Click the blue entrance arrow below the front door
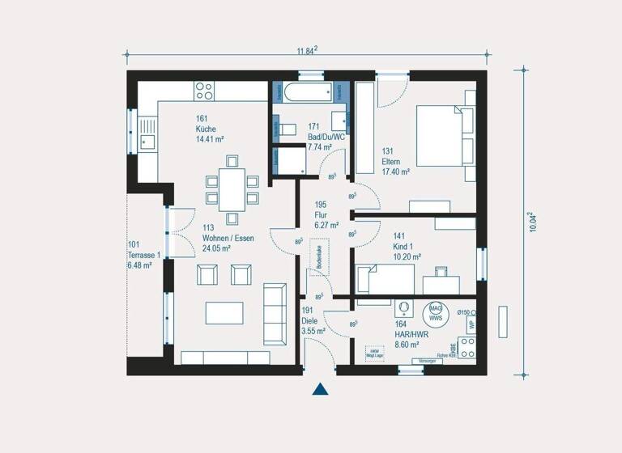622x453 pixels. (x=321, y=389)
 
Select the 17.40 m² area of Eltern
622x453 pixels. (x=397, y=172)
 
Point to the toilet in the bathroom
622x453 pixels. (x=289, y=129)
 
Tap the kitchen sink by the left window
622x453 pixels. (x=147, y=134)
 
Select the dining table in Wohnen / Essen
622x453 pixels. (x=232, y=189)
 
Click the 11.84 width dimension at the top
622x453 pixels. (x=305, y=50)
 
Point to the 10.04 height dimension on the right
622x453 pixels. (x=532, y=222)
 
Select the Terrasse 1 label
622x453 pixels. (x=144, y=255)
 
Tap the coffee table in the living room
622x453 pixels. (x=224, y=312)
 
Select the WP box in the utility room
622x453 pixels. (x=470, y=324)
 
